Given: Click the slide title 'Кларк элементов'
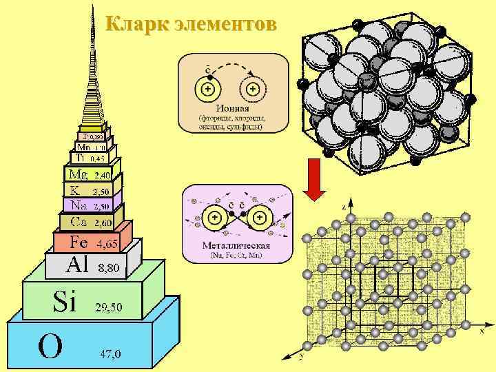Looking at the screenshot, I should pos(192,25).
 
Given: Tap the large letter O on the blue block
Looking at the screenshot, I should pos(50,347).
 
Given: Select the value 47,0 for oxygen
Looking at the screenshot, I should pos(110,355).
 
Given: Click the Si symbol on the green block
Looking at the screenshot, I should pos(64,301).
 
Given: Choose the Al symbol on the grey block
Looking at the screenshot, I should pos(77,264).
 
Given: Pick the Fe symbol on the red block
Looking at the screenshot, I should pos(79,242).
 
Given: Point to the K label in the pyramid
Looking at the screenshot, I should pos(74,189).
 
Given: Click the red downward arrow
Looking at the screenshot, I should pos(314,180).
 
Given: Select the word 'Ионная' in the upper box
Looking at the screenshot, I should pos(232,107).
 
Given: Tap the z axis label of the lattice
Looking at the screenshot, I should pos(344,207).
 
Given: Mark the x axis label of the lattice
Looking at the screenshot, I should pos(482,330).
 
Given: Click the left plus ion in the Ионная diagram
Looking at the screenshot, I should pos(207,90).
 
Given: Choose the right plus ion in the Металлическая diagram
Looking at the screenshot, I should pos(261,219).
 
